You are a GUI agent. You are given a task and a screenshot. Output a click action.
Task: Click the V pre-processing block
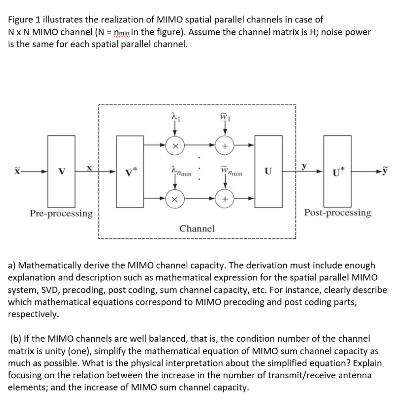tap(62, 171)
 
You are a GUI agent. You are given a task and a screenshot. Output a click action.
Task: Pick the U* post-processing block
tap(337, 171)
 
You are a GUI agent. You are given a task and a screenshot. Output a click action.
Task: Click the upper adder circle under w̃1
tap(225, 146)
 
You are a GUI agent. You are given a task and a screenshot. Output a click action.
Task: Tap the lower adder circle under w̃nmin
tap(225, 199)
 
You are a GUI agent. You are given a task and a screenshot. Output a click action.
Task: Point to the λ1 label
tap(175, 117)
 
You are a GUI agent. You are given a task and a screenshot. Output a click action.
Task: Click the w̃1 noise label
tap(225, 116)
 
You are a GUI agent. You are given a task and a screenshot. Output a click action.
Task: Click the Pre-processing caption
tap(61, 213)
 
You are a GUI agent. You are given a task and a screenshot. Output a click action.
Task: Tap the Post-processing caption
tap(338, 213)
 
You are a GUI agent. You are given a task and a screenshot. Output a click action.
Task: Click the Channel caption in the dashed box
tap(197, 228)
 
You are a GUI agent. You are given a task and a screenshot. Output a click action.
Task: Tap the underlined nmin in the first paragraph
tap(123, 32)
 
